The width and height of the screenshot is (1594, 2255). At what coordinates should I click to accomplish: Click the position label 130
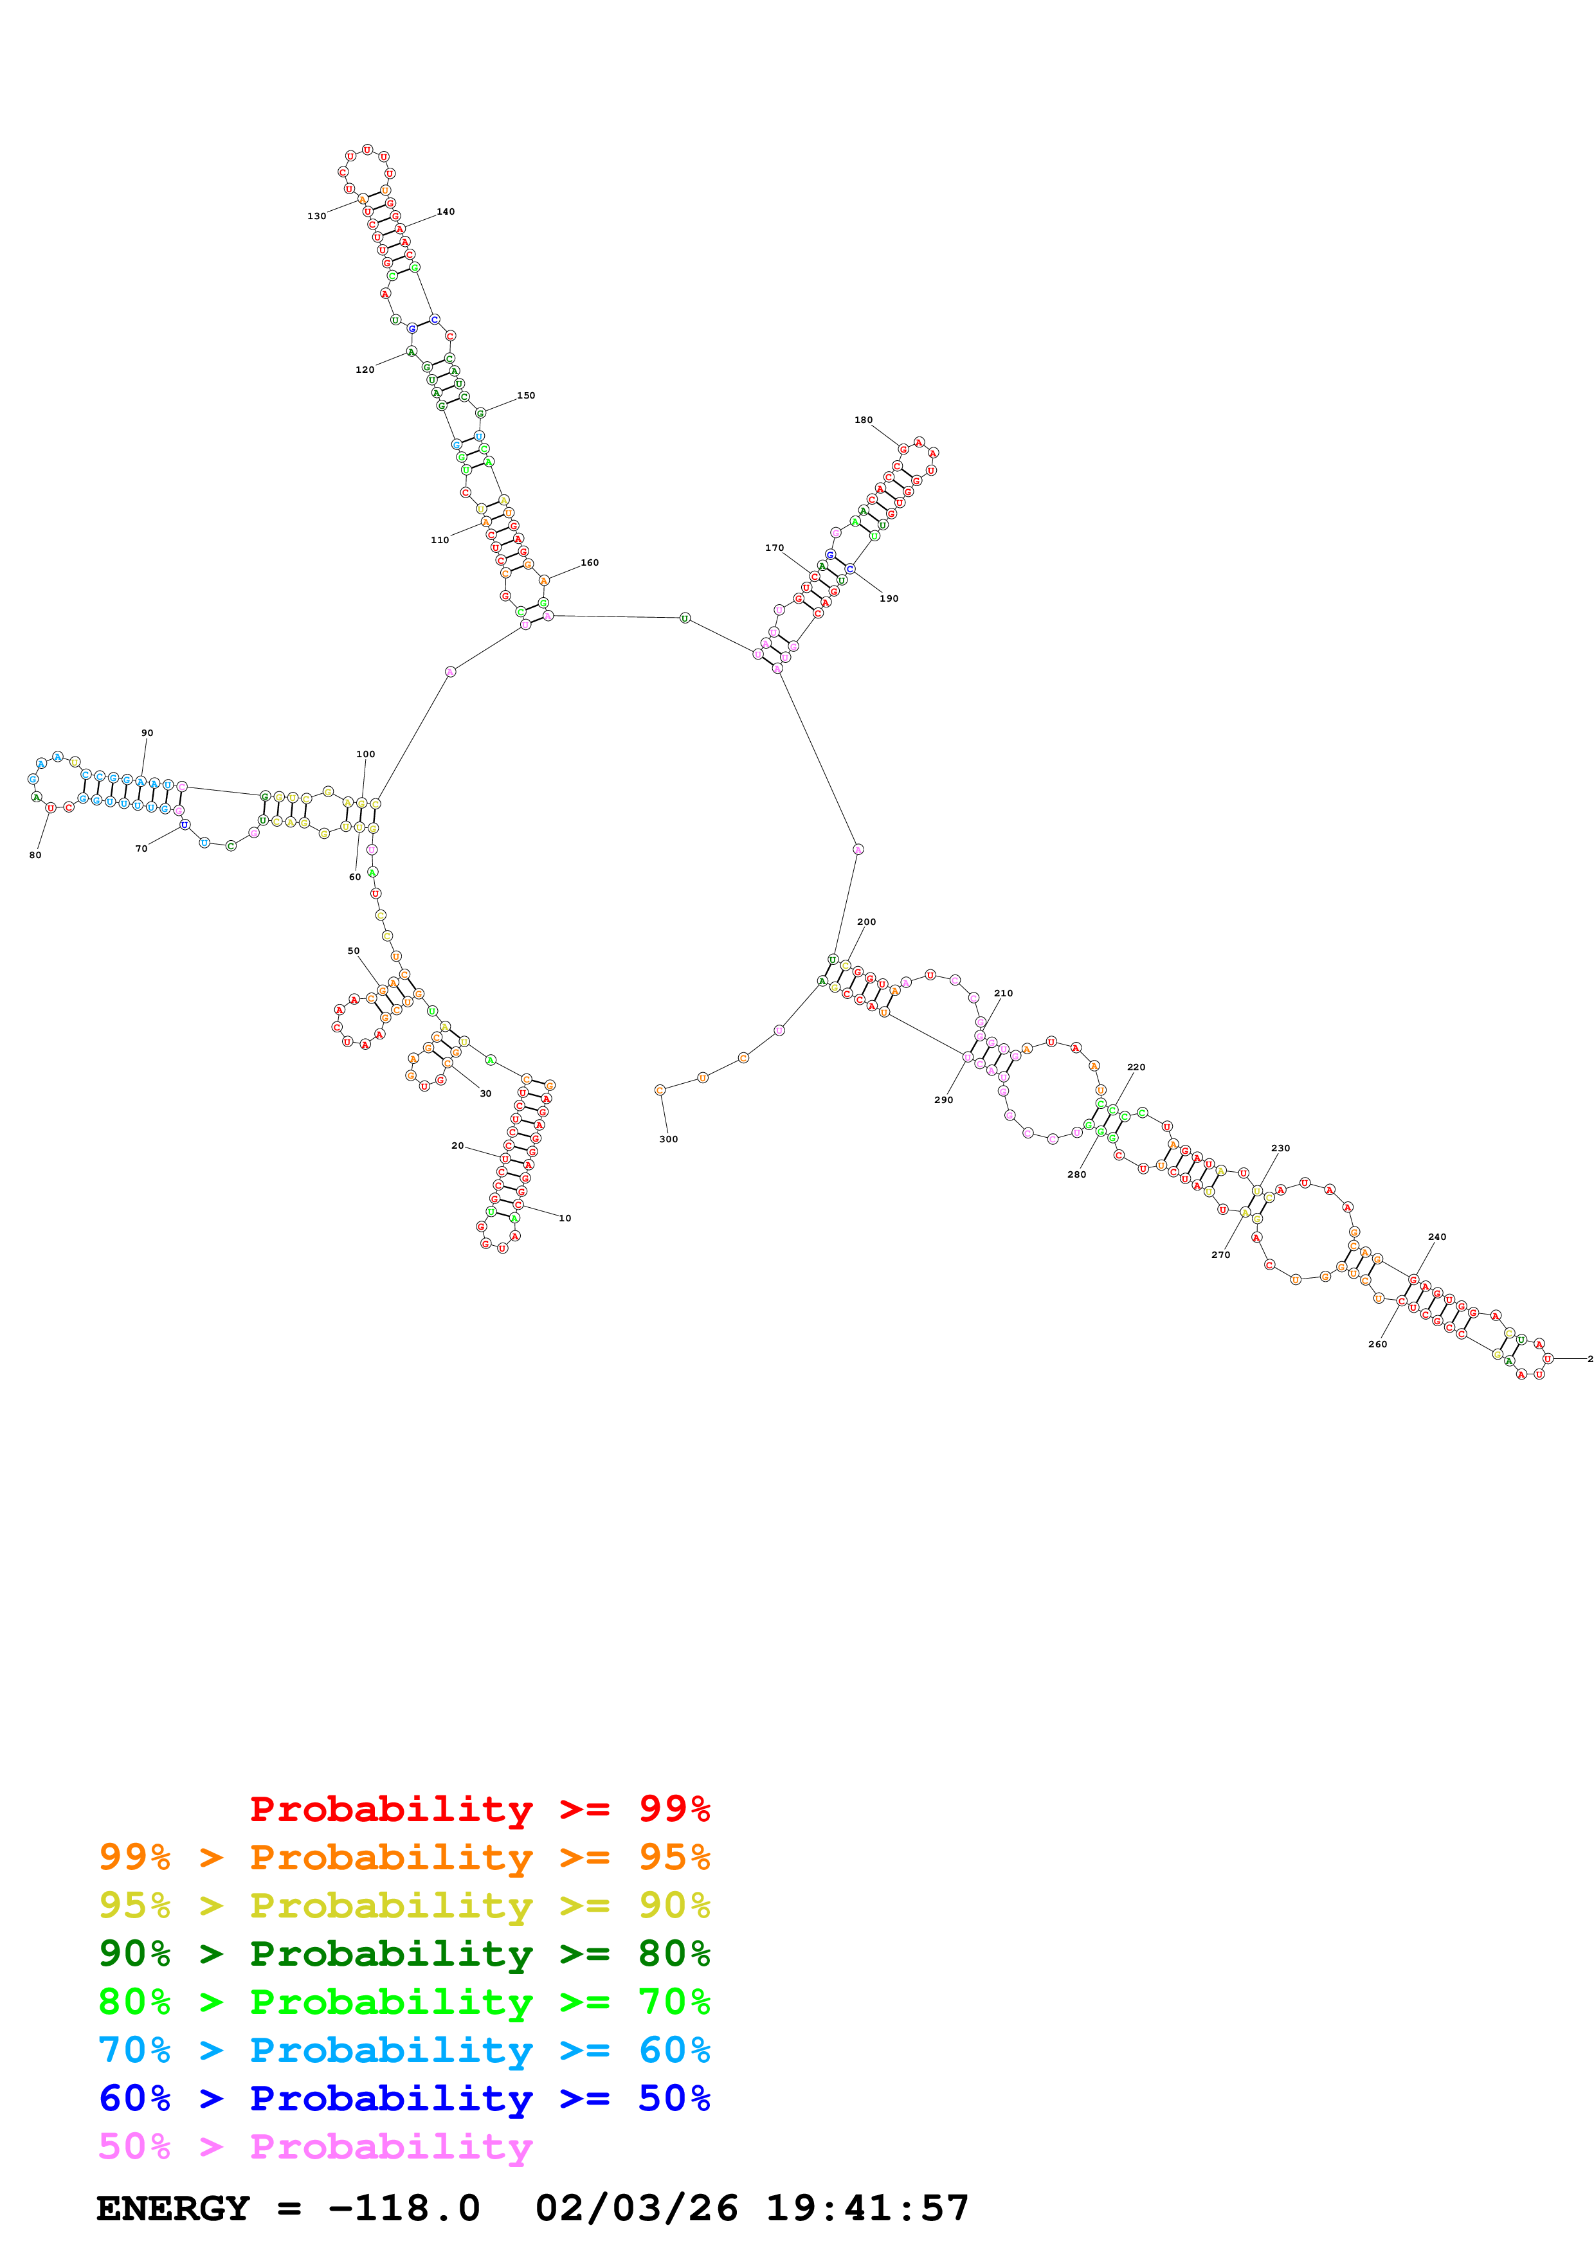pos(316,216)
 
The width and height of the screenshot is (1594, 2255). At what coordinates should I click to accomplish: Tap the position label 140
pos(445,211)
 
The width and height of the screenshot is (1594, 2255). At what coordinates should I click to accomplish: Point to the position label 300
pos(668,1138)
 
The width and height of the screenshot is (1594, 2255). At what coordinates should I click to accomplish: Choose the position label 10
pos(565,1218)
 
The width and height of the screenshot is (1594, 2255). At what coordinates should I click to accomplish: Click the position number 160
pos(589,562)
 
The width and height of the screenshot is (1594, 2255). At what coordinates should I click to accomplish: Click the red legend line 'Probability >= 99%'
pos(479,1808)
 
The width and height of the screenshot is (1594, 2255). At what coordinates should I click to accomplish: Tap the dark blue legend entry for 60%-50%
pos(404,2098)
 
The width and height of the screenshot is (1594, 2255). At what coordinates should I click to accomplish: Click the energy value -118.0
pos(404,2208)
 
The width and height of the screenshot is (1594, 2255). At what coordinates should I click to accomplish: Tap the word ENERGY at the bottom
pos(173,2208)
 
